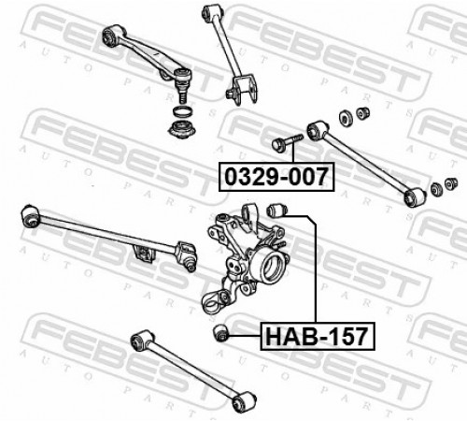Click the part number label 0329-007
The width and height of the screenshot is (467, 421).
click(x=276, y=177)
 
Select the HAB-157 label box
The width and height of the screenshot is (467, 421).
click(x=318, y=336)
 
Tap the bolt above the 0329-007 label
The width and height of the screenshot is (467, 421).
click(x=288, y=143)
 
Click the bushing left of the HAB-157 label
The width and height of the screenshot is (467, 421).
click(x=221, y=333)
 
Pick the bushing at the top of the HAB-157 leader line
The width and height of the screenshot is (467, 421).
click(x=276, y=210)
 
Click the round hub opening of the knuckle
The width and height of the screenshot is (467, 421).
click(x=272, y=266)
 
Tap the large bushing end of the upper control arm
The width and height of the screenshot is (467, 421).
click(x=112, y=36)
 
